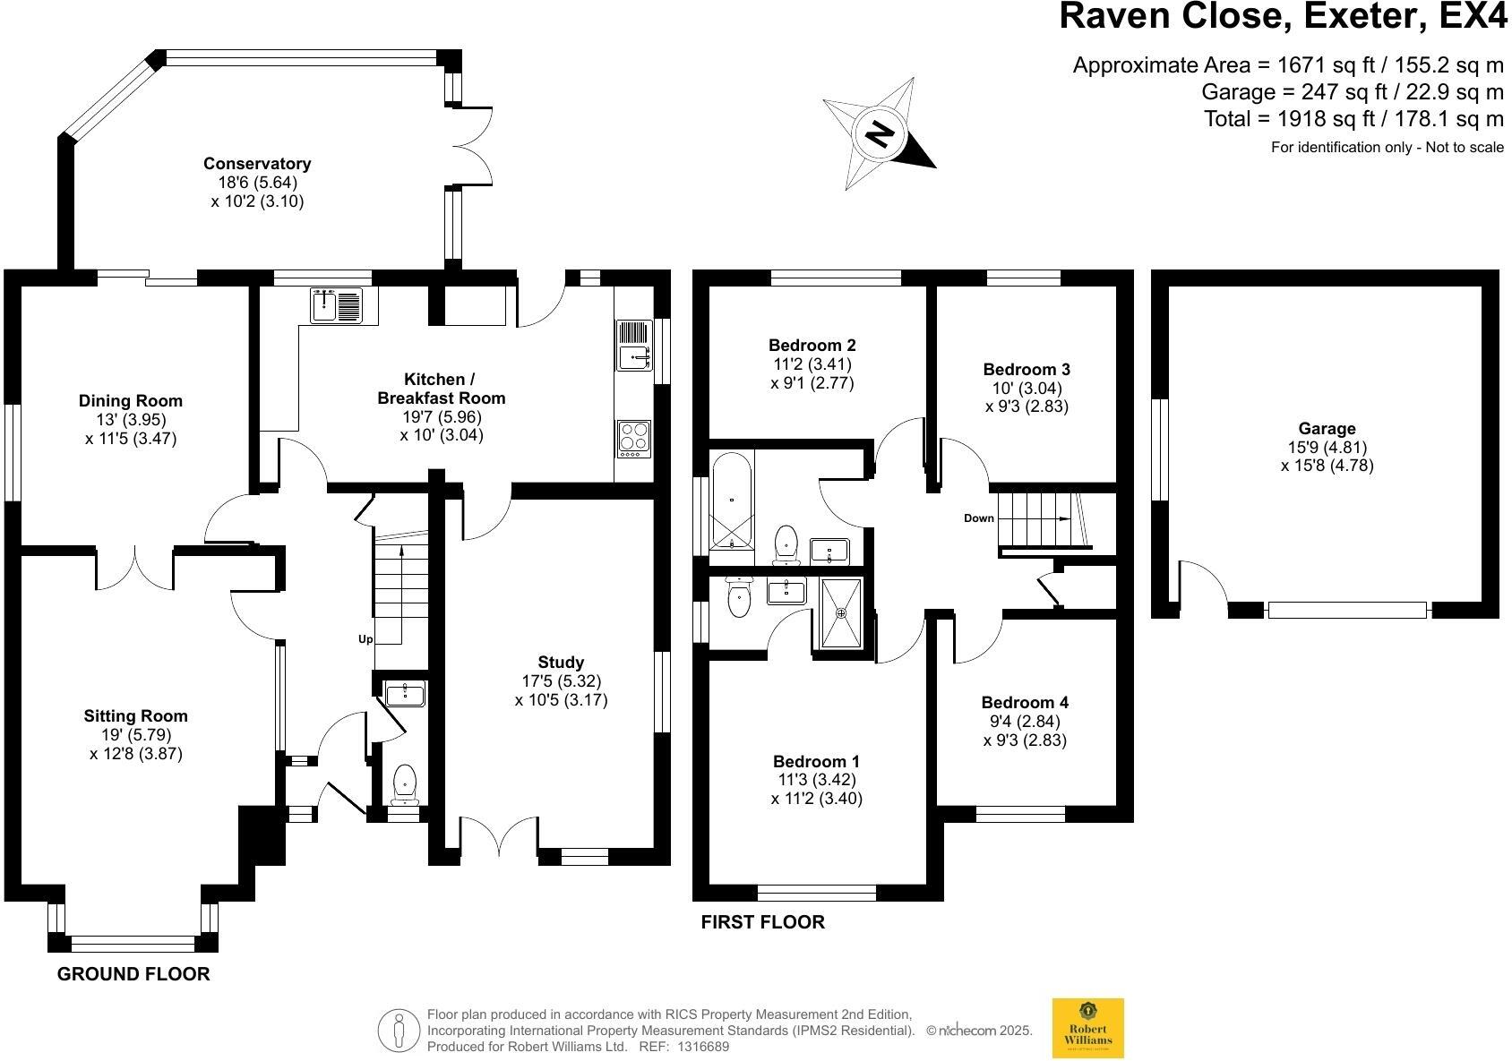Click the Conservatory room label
(x=257, y=164)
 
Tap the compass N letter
(x=880, y=134)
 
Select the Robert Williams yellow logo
(x=1087, y=1028)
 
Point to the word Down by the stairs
(x=979, y=518)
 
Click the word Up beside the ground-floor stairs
(x=365, y=639)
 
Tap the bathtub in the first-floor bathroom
(x=733, y=501)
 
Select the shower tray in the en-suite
(x=840, y=613)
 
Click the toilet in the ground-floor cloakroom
(x=405, y=782)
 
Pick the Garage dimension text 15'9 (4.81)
(x=1327, y=447)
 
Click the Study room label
(x=562, y=663)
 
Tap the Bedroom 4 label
(x=1025, y=703)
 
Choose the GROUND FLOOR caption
(x=133, y=974)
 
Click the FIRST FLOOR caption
(x=762, y=922)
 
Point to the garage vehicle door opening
(x=1347, y=611)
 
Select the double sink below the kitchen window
(x=336, y=304)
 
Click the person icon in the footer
(x=399, y=1031)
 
